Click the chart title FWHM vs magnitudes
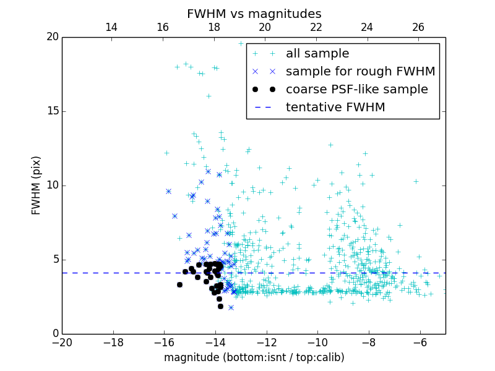pyautogui.click(x=254, y=14)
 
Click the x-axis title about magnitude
pyautogui.click(x=254, y=357)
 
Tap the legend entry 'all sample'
pyautogui.click(x=317, y=54)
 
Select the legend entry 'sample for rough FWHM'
pyautogui.click(x=360, y=72)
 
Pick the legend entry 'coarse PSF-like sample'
pyautogui.click(x=356, y=90)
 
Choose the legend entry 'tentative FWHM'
pyautogui.click(x=335, y=108)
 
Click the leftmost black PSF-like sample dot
pyautogui.click(x=179, y=284)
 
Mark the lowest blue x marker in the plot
pyautogui.click(x=231, y=307)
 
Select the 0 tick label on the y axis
pyautogui.click(x=55, y=334)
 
